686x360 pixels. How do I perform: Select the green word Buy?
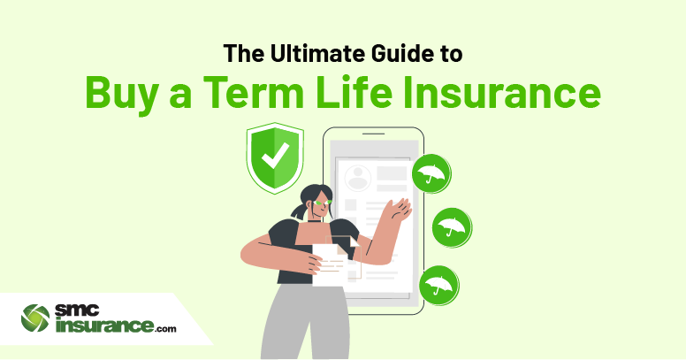point(121,93)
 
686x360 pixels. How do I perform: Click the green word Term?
point(254,92)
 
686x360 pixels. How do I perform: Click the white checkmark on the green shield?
point(275,156)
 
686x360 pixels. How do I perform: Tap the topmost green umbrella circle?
point(431,174)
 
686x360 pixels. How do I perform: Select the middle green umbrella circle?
point(452,227)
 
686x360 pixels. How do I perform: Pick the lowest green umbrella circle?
point(438,286)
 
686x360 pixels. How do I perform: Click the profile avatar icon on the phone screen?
point(358,179)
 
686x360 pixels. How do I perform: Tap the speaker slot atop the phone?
point(373,134)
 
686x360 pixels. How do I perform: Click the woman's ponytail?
point(300,211)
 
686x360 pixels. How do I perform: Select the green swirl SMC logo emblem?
point(35,318)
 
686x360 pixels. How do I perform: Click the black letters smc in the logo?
point(77,311)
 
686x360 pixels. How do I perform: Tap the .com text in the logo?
point(165,328)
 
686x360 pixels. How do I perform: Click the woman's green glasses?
point(324,203)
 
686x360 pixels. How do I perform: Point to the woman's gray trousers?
point(306,323)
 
